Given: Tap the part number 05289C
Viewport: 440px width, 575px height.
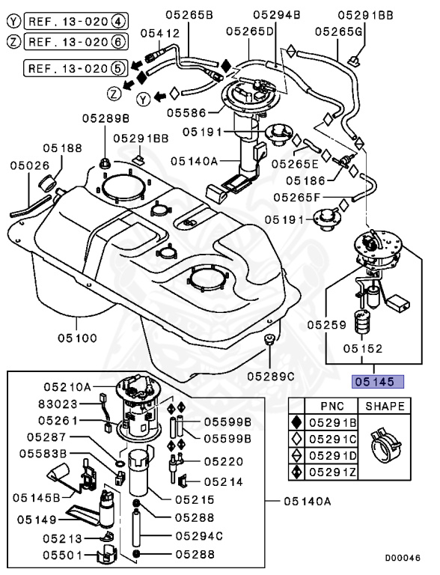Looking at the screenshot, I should coord(272,374).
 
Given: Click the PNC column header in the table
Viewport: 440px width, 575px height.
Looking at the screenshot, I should coord(332,407).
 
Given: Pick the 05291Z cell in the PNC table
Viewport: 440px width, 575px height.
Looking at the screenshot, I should coord(333,472).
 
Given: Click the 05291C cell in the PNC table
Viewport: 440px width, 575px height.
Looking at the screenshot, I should coord(333,439).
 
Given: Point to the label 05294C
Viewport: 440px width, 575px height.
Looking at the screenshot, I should coord(199,536).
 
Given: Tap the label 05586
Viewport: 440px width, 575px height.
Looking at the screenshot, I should coord(186,113).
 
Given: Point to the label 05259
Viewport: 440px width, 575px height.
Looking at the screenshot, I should coord(326,326).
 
